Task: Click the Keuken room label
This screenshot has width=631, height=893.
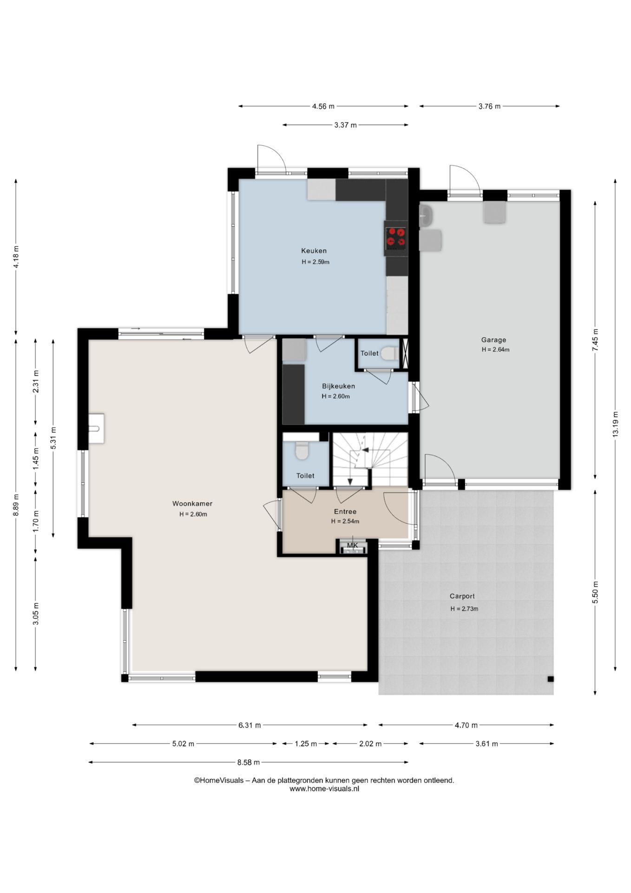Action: point(314,251)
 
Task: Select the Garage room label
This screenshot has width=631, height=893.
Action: point(493,340)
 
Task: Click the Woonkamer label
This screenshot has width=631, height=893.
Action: point(192,504)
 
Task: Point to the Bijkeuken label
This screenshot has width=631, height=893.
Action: point(338,386)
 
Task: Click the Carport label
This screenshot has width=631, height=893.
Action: point(462,596)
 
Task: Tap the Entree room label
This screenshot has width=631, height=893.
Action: point(345,512)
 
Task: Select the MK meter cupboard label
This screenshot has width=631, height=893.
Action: point(353,545)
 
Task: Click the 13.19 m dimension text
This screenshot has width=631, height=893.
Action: point(615,424)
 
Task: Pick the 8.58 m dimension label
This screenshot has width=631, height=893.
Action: point(248,762)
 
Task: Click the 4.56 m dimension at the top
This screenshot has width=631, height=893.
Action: point(323,106)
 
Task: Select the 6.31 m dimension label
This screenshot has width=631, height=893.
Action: point(250,725)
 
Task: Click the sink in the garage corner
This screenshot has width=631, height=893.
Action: point(426,216)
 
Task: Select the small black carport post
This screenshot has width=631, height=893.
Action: point(550,679)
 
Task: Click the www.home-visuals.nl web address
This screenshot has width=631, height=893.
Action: point(324,789)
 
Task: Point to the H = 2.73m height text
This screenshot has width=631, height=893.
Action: point(464,609)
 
